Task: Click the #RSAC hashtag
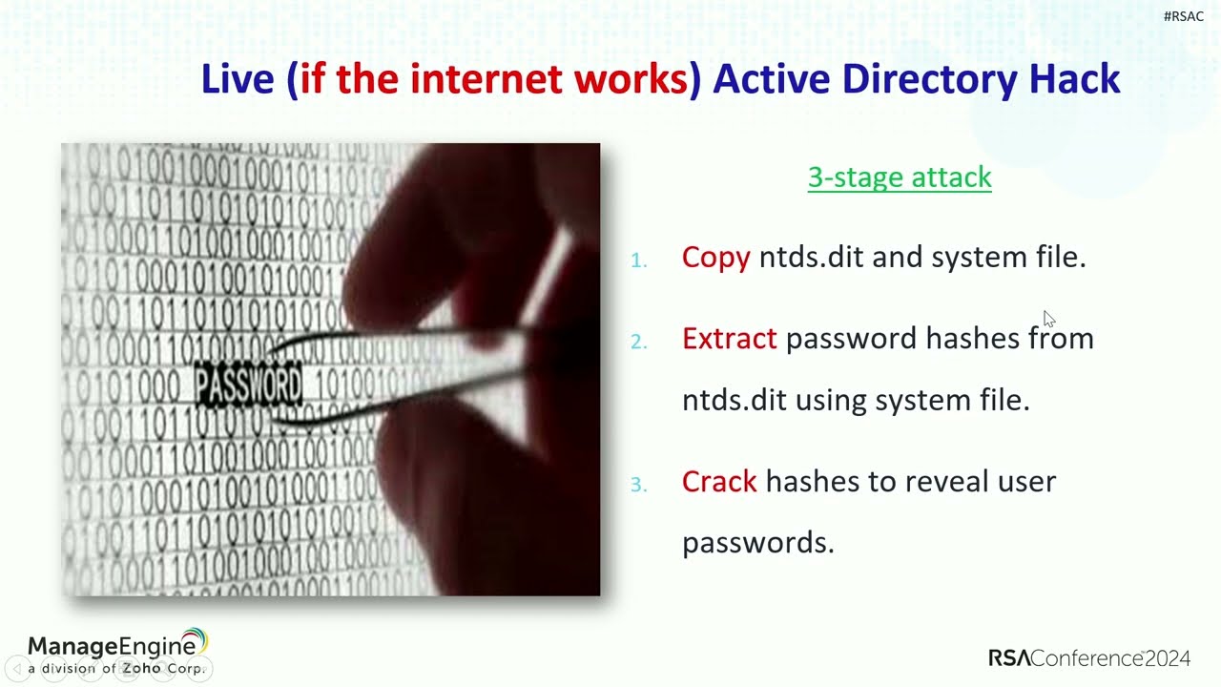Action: point(1183,16)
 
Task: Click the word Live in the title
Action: point(238,78)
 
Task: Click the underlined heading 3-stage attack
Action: point(900,177)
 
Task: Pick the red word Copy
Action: point(715,257)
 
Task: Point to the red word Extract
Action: point(729,338)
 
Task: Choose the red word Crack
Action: point(719,481)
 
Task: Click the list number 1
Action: point(638,260)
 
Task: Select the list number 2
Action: point(638,341)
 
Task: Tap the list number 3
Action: point(638,485)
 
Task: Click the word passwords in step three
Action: point(757,543)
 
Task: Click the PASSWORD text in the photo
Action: point(248,385)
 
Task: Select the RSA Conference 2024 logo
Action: point(1088,657)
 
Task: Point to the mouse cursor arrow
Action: point(1048,318)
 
